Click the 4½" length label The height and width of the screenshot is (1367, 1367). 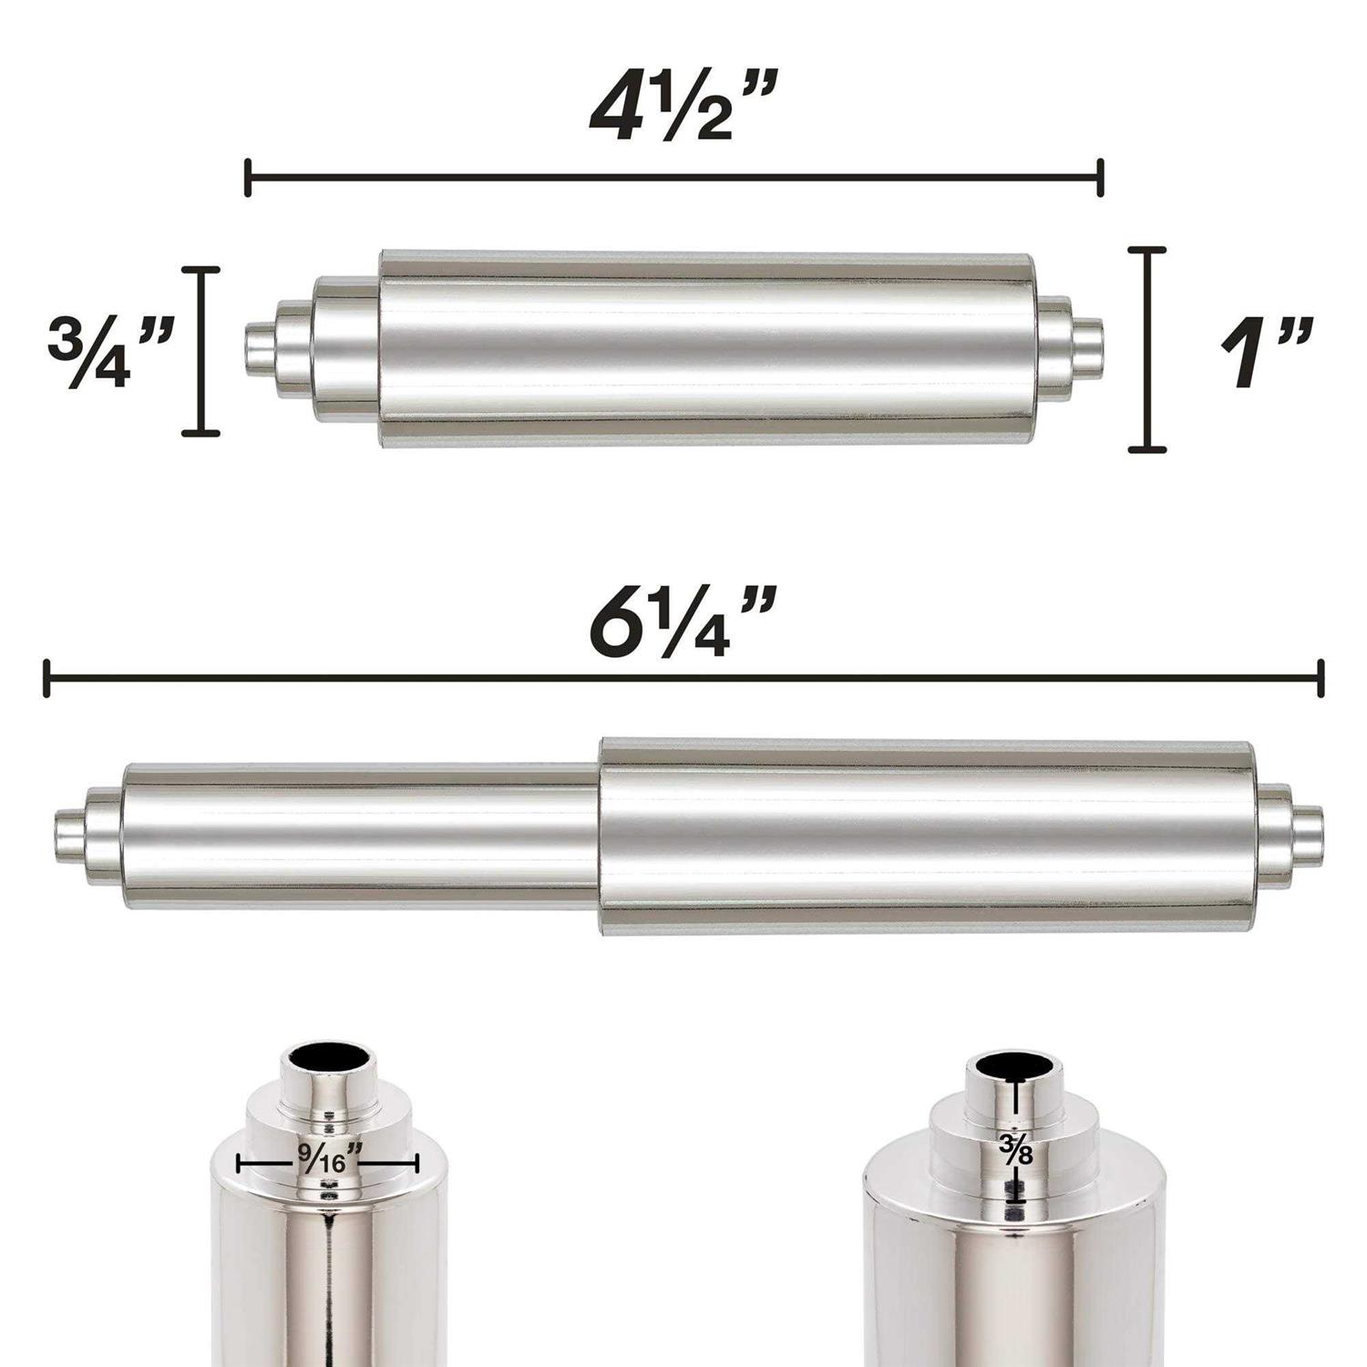[x=675, y=109]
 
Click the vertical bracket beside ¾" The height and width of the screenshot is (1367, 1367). [x=200, y=351]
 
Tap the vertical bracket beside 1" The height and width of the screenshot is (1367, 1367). [x=1147, y=349]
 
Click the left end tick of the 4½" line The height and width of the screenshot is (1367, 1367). [x=248, y=177]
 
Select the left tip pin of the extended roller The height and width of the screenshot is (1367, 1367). [x=70, y=830]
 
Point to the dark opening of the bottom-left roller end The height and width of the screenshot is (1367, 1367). [x=331, y=1061]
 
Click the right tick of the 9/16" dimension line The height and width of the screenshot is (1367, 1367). [x=416, y=1163]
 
